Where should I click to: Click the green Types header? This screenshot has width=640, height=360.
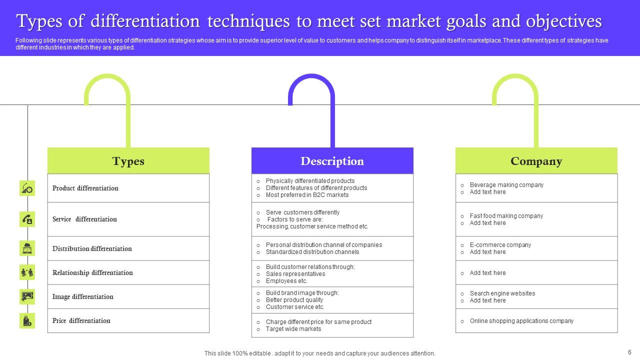tap(128, 161)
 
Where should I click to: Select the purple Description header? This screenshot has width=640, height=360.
tap(332, 161)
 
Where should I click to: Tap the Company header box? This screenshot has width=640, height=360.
tap(536, 161)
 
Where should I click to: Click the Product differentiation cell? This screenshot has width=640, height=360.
tap(85, 188)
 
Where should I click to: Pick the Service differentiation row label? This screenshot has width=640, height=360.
tap(84, 219)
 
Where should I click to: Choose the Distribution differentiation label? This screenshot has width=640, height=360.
tap(92, 248)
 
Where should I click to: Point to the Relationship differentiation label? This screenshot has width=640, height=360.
tap(92, 272)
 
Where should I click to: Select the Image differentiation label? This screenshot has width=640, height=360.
tap(83, 296)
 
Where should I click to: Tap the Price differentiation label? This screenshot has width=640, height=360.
tap(81, 320)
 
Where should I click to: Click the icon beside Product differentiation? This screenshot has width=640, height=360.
tap(27, 188)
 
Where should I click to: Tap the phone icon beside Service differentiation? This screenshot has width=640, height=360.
tap(27, 219)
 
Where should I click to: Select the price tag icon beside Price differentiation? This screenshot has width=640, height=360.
tap(27, 320)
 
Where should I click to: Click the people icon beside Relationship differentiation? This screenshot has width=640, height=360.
tap(27, 272)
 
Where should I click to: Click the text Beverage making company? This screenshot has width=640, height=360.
tap(506, 185)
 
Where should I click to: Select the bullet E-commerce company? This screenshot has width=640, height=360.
tap(500, 245)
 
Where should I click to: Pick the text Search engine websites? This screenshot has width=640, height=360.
tap(502, 293)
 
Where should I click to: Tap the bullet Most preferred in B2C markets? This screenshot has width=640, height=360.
tap(307, 195)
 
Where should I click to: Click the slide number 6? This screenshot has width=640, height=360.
tap(629, 352)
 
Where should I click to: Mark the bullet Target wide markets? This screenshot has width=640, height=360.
tap(293, 329)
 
